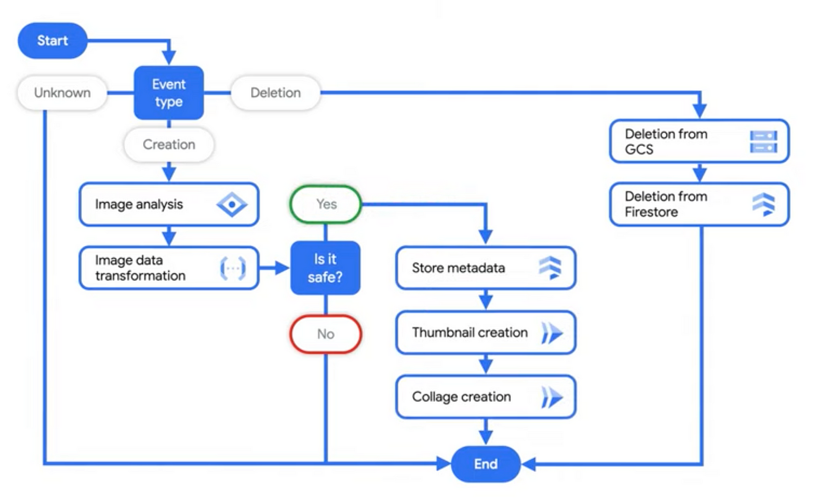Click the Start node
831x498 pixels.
tap(53, 40)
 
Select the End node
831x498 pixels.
tap(486, 464)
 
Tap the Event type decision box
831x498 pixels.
tap(169, 93)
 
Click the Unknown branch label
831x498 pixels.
tap(62, 93)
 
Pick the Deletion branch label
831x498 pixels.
tap(275, 93)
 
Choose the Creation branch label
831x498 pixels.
tap(169, 144)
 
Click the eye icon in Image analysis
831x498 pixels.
tap(232, 204)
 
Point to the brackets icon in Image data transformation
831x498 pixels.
tap(233, 268)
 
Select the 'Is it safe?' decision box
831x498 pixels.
tap(325, 268)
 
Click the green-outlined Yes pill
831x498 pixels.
tap(326, 204)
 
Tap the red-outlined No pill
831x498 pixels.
tap(326, 334)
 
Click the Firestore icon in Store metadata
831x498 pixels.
tap(550, 268)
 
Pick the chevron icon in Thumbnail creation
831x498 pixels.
tap(552, 332)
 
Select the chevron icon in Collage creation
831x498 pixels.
tap(552, 397)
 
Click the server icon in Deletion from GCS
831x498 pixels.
tap(763, 141)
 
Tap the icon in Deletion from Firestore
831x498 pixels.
tap(763, 204)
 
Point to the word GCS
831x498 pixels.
tap(639, 150)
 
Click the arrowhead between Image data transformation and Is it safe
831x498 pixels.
tap(283, 268)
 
